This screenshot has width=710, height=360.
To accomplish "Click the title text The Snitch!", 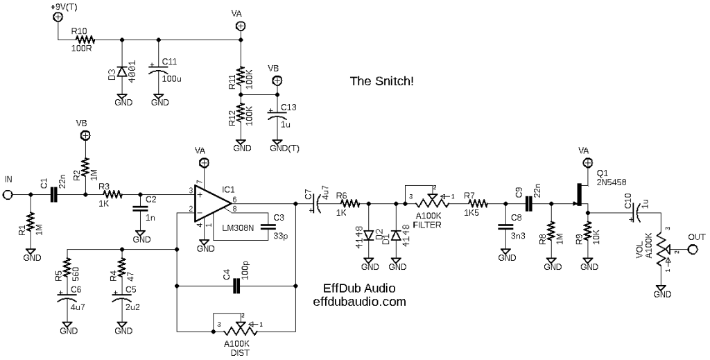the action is pos(381,82).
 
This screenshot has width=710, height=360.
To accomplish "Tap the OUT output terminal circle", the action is pos(692,249).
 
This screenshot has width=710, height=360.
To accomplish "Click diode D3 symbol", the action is pos(121,72).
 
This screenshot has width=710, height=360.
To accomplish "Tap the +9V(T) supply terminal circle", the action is pos(58,17).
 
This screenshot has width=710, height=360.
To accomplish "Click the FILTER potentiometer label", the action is pos(427,225).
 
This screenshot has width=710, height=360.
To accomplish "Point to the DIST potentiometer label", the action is pos(240,352).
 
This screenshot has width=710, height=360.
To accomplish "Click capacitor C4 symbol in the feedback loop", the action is pos(236,286).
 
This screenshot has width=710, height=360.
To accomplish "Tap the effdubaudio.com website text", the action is pos(360,302).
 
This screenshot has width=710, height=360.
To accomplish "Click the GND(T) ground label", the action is pos(284,148).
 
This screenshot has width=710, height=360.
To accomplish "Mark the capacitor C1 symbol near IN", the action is pos(54,195).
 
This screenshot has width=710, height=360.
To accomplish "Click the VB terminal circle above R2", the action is pos(85,135).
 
